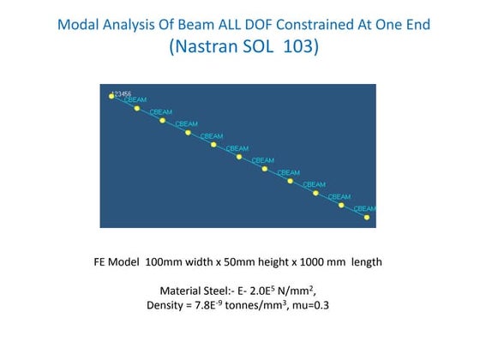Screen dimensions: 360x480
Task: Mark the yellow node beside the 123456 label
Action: pyautogui.click(x=111, y=96)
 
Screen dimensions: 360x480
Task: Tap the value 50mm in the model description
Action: pyautogui.click(x=245, y=262)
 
